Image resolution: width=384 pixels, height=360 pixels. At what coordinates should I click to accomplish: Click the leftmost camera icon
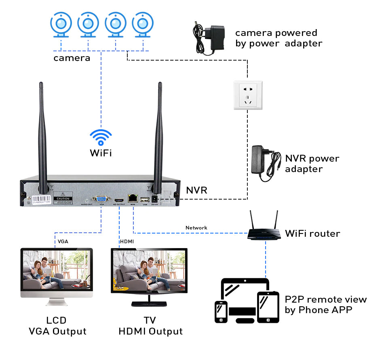61,24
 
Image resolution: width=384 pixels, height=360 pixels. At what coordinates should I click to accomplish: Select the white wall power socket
248,95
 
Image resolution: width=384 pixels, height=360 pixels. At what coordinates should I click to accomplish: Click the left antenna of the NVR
42,133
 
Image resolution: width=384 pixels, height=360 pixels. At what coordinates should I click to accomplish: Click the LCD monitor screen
57,269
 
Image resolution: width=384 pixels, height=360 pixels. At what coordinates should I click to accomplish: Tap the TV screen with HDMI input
149,270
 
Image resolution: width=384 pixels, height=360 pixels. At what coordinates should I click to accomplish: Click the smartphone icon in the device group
221,312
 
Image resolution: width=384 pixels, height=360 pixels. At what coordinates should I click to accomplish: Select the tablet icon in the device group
268,307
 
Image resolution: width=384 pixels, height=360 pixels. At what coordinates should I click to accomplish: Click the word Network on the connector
196,228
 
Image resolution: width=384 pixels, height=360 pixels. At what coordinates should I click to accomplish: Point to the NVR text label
196,190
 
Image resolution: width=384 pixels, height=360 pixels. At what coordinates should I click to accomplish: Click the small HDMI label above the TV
127,242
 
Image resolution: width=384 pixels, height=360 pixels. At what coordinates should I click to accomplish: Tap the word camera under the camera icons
72,58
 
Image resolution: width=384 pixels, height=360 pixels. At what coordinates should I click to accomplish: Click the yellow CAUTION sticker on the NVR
63,199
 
